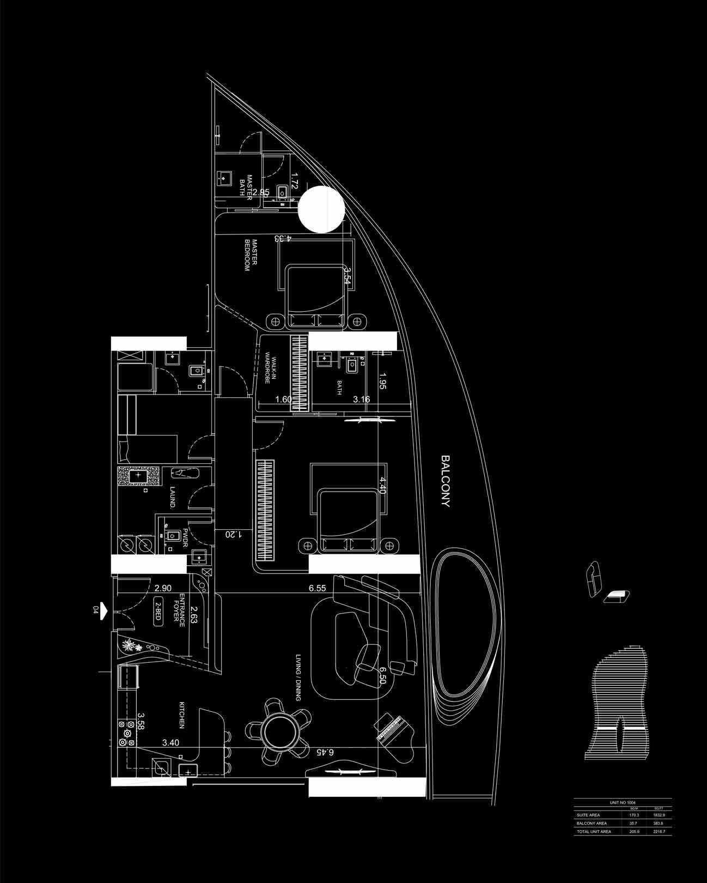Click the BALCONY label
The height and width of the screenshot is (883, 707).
pos(446,481)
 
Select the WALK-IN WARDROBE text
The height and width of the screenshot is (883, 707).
pos(268,371)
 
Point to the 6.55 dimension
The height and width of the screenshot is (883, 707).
pos(317,589)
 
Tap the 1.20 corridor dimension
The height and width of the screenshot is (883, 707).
pos(233,535)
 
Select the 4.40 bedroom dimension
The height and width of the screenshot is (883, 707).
pos(382,485)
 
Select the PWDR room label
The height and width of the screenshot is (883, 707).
pos(185,537)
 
